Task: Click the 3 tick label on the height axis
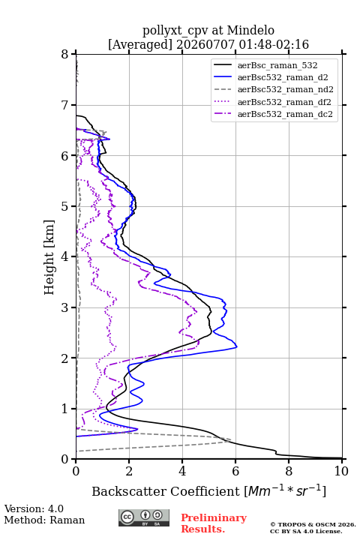pos(65,307)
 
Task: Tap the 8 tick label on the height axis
pos(65,55)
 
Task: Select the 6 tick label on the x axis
pos(235,471)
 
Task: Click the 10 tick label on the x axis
pos(341,471)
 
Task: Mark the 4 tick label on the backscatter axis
pos(182,471)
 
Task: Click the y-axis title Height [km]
pos(49,257)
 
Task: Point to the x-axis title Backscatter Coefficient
pos(166,491)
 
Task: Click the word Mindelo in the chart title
pos(250,30)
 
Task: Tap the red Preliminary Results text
pos(214,523)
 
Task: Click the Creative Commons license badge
pos(144,518)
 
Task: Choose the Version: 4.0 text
pos(34,509)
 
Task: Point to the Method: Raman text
pos(44,520)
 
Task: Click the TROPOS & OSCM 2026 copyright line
pos(313,524)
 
